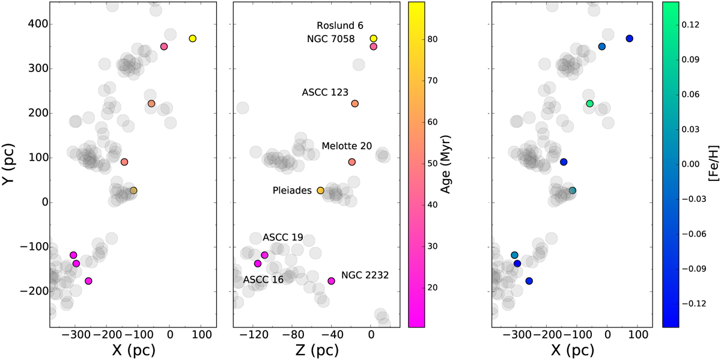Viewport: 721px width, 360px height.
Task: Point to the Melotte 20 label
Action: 347,146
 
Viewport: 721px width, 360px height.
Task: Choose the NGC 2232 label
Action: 365,275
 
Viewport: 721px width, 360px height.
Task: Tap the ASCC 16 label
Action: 263,279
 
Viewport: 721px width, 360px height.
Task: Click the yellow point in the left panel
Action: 192,38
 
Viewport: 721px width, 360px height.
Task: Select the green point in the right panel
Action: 589,104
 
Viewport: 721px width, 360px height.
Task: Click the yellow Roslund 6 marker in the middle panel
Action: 374,38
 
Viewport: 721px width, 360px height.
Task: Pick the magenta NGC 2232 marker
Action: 331,281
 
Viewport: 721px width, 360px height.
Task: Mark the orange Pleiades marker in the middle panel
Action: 320,191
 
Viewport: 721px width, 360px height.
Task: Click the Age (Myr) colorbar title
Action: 446,163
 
